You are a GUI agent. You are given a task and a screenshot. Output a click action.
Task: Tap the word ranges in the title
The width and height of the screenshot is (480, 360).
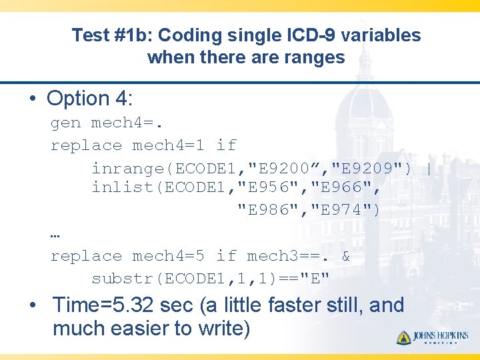pyautogui.click(x=314, y=57)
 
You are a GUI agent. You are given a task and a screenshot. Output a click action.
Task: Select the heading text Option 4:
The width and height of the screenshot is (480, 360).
pyautogui.click(x=90, y=99)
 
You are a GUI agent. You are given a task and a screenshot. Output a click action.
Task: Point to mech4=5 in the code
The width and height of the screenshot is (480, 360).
pyautogui.click(x=173, y=256)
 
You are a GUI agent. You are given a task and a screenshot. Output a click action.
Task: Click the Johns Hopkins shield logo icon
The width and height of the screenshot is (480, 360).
pyautogui.click(x=404, y=337)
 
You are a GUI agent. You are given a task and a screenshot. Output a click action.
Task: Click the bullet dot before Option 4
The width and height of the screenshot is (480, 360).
pyautogui.click(x=33, y=99)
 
